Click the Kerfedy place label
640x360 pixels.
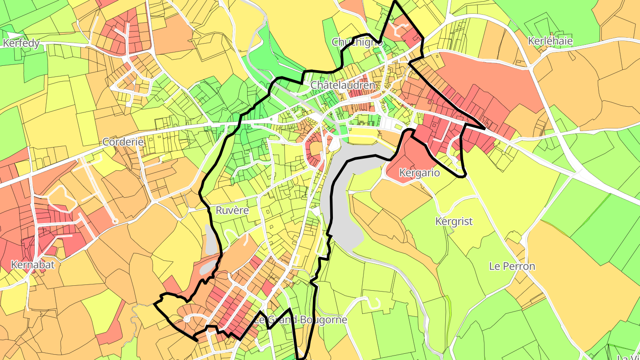click(x=21, y=43)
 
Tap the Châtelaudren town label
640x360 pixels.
click(x=343, y=85)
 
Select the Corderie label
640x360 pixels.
click(x=123, y=142)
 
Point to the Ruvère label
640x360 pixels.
click(x=232, y=210)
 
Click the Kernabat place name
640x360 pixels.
click(x=33, y=265)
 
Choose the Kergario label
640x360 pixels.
click(x=420, y=173)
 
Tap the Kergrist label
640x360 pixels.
click(x=454, y=221)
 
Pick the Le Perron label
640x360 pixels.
click(x=512, y=266)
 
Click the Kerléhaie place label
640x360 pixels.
click(x=550, y=41)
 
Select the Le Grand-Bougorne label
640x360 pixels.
click(x=300, y=320)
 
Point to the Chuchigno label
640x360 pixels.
click(x=357, y=42)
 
